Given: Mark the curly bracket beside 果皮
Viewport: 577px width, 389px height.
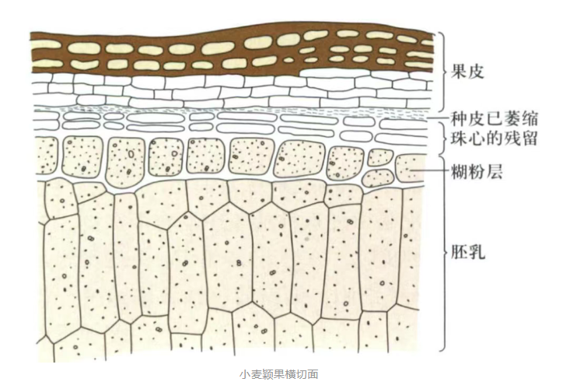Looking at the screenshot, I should (441, 72).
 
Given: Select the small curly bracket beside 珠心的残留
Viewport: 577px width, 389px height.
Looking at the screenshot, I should (441, 140).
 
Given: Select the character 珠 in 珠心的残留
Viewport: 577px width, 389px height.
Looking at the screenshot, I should (460, 140).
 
